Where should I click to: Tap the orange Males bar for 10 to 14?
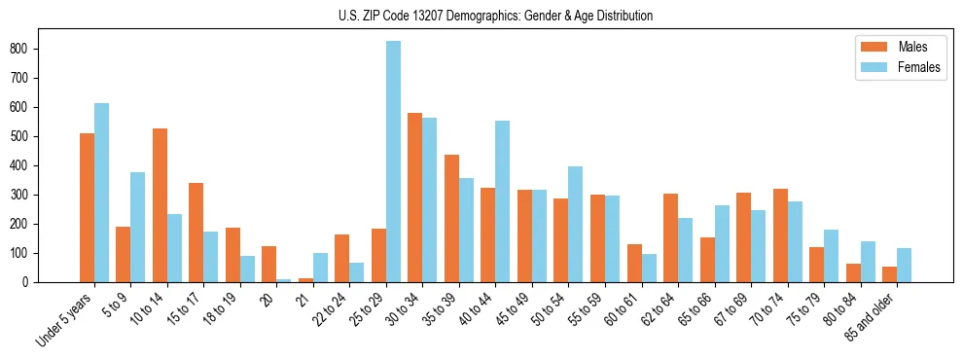[x=160, y=205]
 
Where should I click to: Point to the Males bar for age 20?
[x=269, y=264]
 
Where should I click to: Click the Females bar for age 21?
[x=320, y=268]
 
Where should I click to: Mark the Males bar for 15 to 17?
[x=196, y=233]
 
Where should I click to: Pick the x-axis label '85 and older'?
[x=873, y=315]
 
